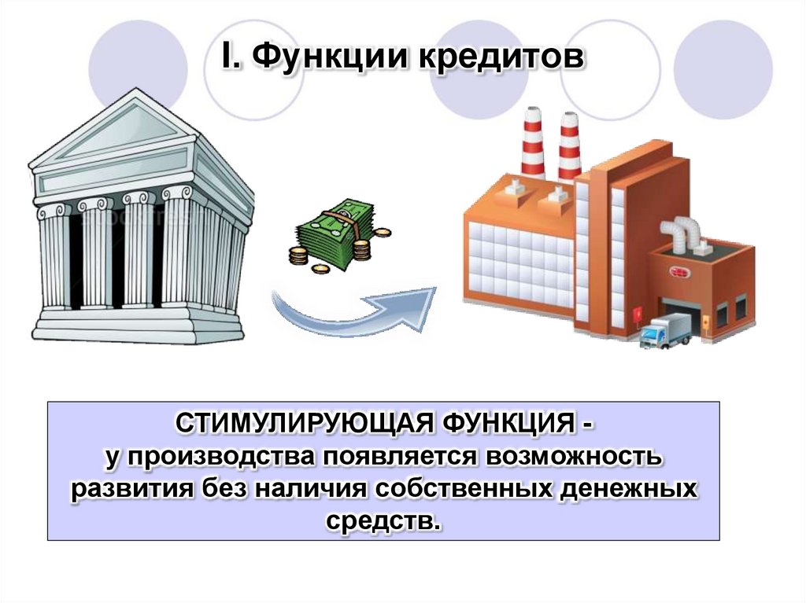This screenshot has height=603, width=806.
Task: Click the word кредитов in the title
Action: pyautogui.click(x=495, y=58)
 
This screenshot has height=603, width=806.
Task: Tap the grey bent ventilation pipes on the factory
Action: pyautogui.click(x=680, y=233)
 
